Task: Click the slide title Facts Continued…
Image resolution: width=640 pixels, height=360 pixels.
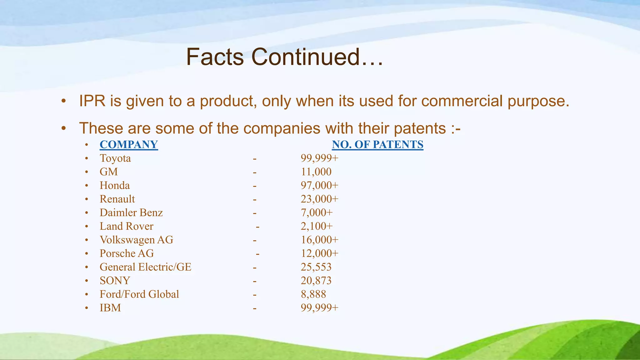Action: click(284, 57)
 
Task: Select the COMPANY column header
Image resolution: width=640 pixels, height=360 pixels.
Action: click(129, 144)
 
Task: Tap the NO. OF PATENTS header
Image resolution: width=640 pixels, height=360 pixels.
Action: click(377, 144)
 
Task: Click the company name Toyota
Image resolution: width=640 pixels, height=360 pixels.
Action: click(115, 158)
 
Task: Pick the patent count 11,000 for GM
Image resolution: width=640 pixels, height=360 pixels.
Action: click(316, 172)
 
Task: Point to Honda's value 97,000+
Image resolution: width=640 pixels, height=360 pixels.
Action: click(319, 185)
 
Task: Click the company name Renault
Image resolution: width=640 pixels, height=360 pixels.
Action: click(117, 199)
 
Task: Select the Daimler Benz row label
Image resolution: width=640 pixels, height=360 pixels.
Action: click(131, 212)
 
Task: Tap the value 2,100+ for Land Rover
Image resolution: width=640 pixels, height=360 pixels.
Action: click(317, 226)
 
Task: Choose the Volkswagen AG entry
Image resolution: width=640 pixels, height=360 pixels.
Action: click(136, 240)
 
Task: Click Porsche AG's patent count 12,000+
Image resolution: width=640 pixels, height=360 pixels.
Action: click(319, 253)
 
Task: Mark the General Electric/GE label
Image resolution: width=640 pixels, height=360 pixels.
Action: click(145, 267)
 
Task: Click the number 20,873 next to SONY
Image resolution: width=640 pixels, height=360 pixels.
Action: click(316, 280)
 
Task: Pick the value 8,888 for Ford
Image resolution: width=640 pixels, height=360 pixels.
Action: click(313, 294)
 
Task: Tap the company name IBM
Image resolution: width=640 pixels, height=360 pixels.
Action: click(110, 307)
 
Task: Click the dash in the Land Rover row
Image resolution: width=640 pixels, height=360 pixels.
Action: click(257, 227)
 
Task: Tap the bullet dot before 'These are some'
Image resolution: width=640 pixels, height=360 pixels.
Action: click(64, 128)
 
